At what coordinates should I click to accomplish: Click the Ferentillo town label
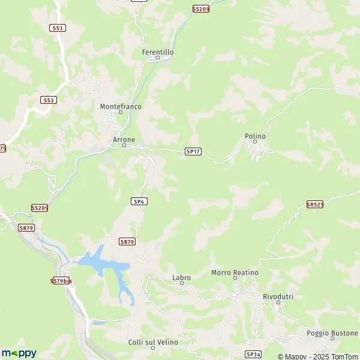[x=158, y=52]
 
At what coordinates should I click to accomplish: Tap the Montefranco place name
[x=120, y=106]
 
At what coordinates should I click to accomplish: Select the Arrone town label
[x=124, y=139]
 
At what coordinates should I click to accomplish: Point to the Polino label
[x=255, y=136]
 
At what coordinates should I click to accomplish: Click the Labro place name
[x=181, y=278]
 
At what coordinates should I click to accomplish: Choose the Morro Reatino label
[x=235, y=273]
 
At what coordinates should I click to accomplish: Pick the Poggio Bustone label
[x=332, y=333]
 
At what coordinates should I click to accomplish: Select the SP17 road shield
[x=192, y=152]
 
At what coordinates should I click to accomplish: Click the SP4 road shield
[x=139, y=202]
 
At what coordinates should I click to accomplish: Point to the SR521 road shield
[x=315, y=205]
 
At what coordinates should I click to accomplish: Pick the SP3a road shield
[x=253, y=355]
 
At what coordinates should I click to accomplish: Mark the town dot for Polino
[x=255, y=142]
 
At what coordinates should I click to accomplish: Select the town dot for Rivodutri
[x=278, y=303]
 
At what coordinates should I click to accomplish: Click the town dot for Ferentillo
[x=158, y=58]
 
